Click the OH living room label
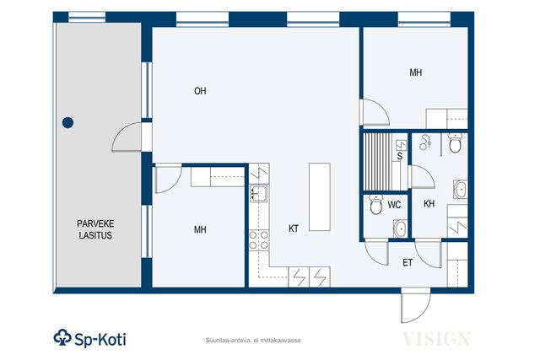point(200,91)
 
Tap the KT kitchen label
point(294,228)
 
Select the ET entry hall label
point(408,263)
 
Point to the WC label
point(394,205)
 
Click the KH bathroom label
point(429,204)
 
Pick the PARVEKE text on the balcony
point(95,223)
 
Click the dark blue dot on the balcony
point(67,122)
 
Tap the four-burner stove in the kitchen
point(259,240)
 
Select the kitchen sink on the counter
point(259,193)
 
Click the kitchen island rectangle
point(320,197)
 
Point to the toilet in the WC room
point(375,204)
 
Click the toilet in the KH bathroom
point(456,143)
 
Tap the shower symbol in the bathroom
point(425,142)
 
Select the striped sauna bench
point(378,162)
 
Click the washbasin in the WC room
point(401,228)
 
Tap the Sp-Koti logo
point(90,338)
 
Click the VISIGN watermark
point(436,339)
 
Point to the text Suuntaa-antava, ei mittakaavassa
point(253,341)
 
